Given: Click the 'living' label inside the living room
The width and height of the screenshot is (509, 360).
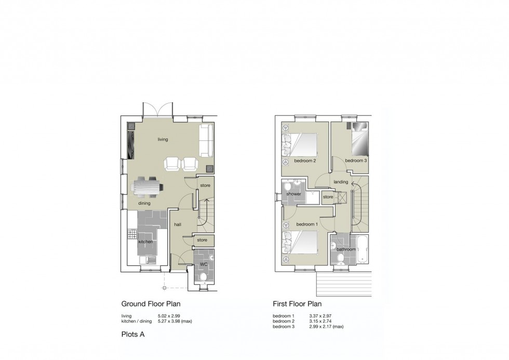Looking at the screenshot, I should [163, 139].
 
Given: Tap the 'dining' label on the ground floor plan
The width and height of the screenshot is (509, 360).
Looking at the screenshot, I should [144, 203].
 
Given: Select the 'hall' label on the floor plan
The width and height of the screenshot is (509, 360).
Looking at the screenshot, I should [178, 224].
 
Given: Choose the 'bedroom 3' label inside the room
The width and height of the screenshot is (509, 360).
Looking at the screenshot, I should [356, 161].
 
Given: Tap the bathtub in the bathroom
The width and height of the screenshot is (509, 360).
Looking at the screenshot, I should [362, 249].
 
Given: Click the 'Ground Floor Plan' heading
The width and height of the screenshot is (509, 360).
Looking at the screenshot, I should [151, 304].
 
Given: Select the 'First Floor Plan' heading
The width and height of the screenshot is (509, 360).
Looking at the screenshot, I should [297, 304].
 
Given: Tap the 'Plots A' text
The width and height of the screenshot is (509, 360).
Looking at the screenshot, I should [132, 335].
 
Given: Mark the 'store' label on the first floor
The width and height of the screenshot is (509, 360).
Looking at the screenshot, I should [328, 197].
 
